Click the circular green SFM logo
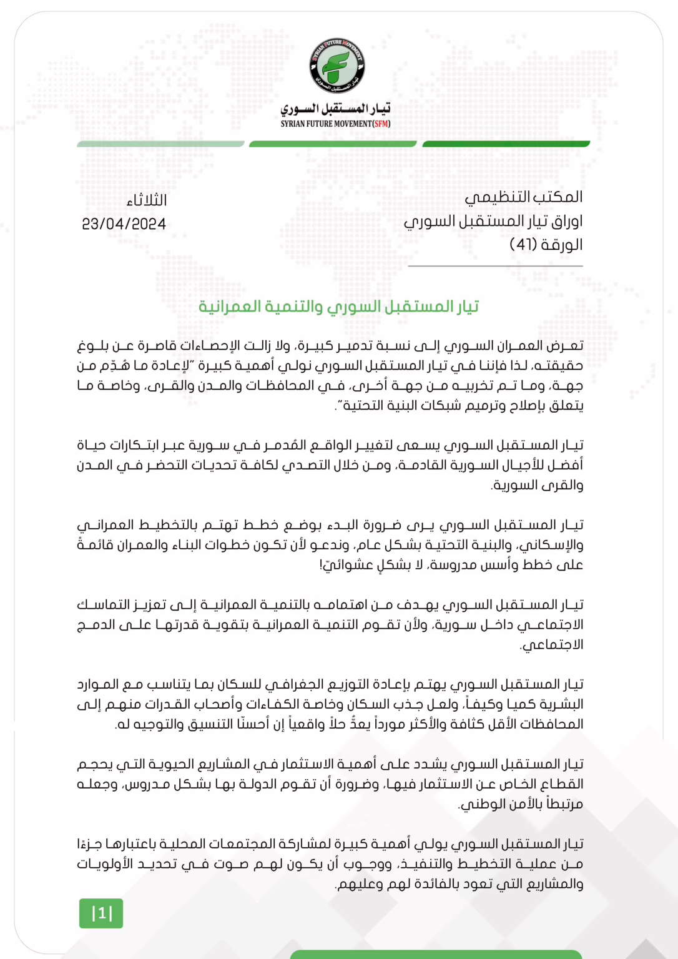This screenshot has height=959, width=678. click(337, 66)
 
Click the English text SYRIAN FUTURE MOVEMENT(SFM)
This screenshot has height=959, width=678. click(335, 124)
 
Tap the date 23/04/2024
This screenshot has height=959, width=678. click(124, 224)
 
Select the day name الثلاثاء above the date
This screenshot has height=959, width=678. click(146, 200)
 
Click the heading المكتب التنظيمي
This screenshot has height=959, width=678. click(523, 197)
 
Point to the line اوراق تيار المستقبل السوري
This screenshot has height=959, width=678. click(493, 221)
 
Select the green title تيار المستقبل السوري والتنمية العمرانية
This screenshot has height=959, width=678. click(338, 307)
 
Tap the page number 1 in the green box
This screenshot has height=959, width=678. click(101, 913)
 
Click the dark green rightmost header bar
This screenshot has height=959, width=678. click(506, 144)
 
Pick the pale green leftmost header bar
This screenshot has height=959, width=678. click(160, 144)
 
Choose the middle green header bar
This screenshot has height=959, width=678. click(333, 144)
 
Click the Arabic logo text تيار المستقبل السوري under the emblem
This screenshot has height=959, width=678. click(335, 109)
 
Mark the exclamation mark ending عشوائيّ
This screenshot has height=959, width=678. click(322, 564)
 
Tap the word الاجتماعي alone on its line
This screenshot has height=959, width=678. click(552, 644)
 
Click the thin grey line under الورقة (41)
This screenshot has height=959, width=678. click(495, 266)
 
